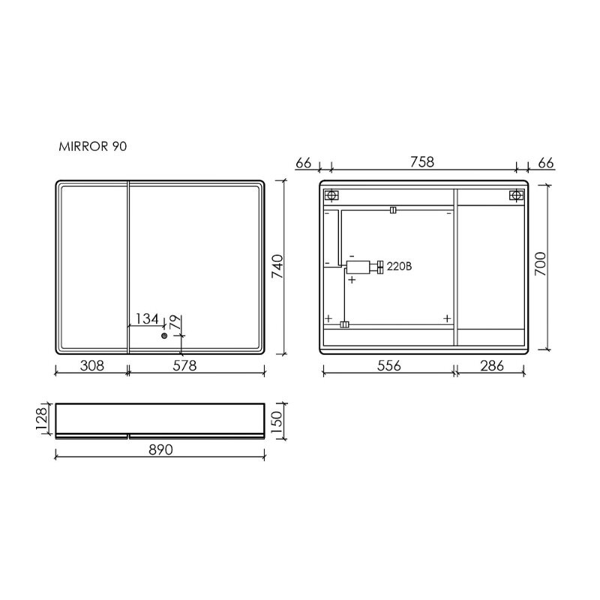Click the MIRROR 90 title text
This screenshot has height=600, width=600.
pyautogui.click(x=93, y=148)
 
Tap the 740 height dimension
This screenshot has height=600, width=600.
pyautogui.click(x=276, y=267)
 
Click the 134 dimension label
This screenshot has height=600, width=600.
pyautogui.click(x=146, y=319)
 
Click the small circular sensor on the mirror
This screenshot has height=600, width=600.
pyautogui.click(x=164, y=337)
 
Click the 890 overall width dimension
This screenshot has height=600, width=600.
pyautogui.click(x=160, y=450)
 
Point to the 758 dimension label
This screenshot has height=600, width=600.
pyautogui.click(x=422, y=163)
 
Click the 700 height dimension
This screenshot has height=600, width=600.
pyautogui.click(x=540, y=265)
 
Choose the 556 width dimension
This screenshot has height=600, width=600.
pyautogui.click(x=388, y=366)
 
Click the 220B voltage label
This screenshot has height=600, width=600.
pyautogui.click(x=400, y=266)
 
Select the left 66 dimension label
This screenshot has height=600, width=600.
pyautogui.click(x=304, y=163)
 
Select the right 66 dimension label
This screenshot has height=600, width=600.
pyautogui.click(x=546, y=163)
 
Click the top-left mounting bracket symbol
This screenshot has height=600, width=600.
pyautogui.click(x=332, y=196)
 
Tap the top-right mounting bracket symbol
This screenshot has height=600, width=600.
pyautogui.click(x=515, y=196)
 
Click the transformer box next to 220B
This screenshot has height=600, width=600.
pyautogui.click(x=358, y=266)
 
